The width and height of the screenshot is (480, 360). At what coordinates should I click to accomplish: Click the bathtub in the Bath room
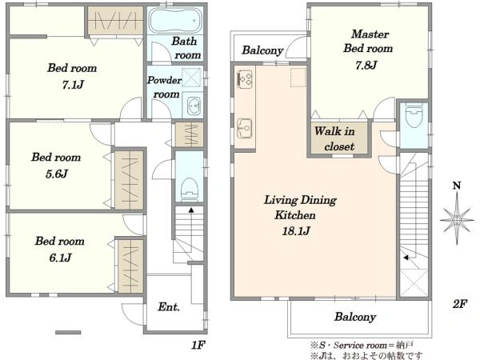[x=175, y=20]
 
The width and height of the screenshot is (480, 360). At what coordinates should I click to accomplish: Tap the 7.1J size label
[x=73, y=85]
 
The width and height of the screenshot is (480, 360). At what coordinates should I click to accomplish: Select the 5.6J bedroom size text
[x=57, y=174]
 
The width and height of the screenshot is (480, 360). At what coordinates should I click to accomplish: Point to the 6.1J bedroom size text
[x=60, y=258]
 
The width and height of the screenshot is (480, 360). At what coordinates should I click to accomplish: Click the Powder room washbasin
[x=193, y=106]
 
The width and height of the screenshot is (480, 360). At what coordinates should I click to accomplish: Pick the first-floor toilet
[x=190, y=190]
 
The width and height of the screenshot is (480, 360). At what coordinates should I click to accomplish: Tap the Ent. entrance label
[x=169, y=306]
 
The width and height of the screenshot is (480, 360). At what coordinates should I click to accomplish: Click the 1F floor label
[x=198, y=345]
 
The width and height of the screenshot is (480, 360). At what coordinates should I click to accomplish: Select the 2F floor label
[x=459, y=304]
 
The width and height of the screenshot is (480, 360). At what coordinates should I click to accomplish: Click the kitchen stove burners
[x=245, y=79]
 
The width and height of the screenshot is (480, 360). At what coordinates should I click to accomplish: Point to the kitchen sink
[x=244, y=128]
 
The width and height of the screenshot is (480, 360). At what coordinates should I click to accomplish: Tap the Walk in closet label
[x=335, y=138]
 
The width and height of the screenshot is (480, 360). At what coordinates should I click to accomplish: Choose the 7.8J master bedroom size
[x=366, y=65]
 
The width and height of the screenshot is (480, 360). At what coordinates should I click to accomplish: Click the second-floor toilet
[x=414, y=115]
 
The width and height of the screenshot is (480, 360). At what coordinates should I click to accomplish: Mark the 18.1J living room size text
[x=296, y=230]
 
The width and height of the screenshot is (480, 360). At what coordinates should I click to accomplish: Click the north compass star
[x=457, y=220]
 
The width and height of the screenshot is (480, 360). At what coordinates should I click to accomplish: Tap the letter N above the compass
[x=457, y=186]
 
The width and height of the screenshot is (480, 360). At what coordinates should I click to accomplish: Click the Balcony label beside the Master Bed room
[x=262, y=50]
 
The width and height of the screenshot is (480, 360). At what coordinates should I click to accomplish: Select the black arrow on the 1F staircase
[x=191, y=210]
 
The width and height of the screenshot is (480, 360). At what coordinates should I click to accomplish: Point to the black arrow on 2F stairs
[x=406, y=258]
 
